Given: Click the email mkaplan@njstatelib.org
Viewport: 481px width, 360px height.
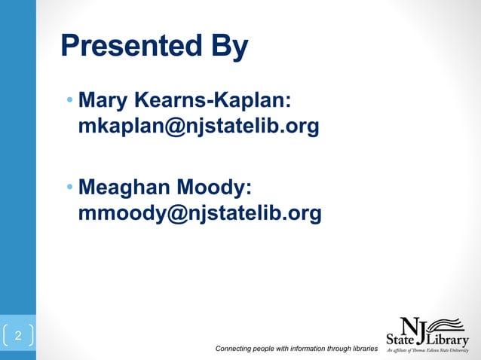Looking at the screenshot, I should (198, 127).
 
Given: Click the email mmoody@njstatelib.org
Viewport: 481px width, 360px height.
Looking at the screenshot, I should (200, 213).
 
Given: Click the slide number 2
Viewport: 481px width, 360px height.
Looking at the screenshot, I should (19, 335).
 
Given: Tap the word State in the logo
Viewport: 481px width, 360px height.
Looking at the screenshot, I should (400, 339).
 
